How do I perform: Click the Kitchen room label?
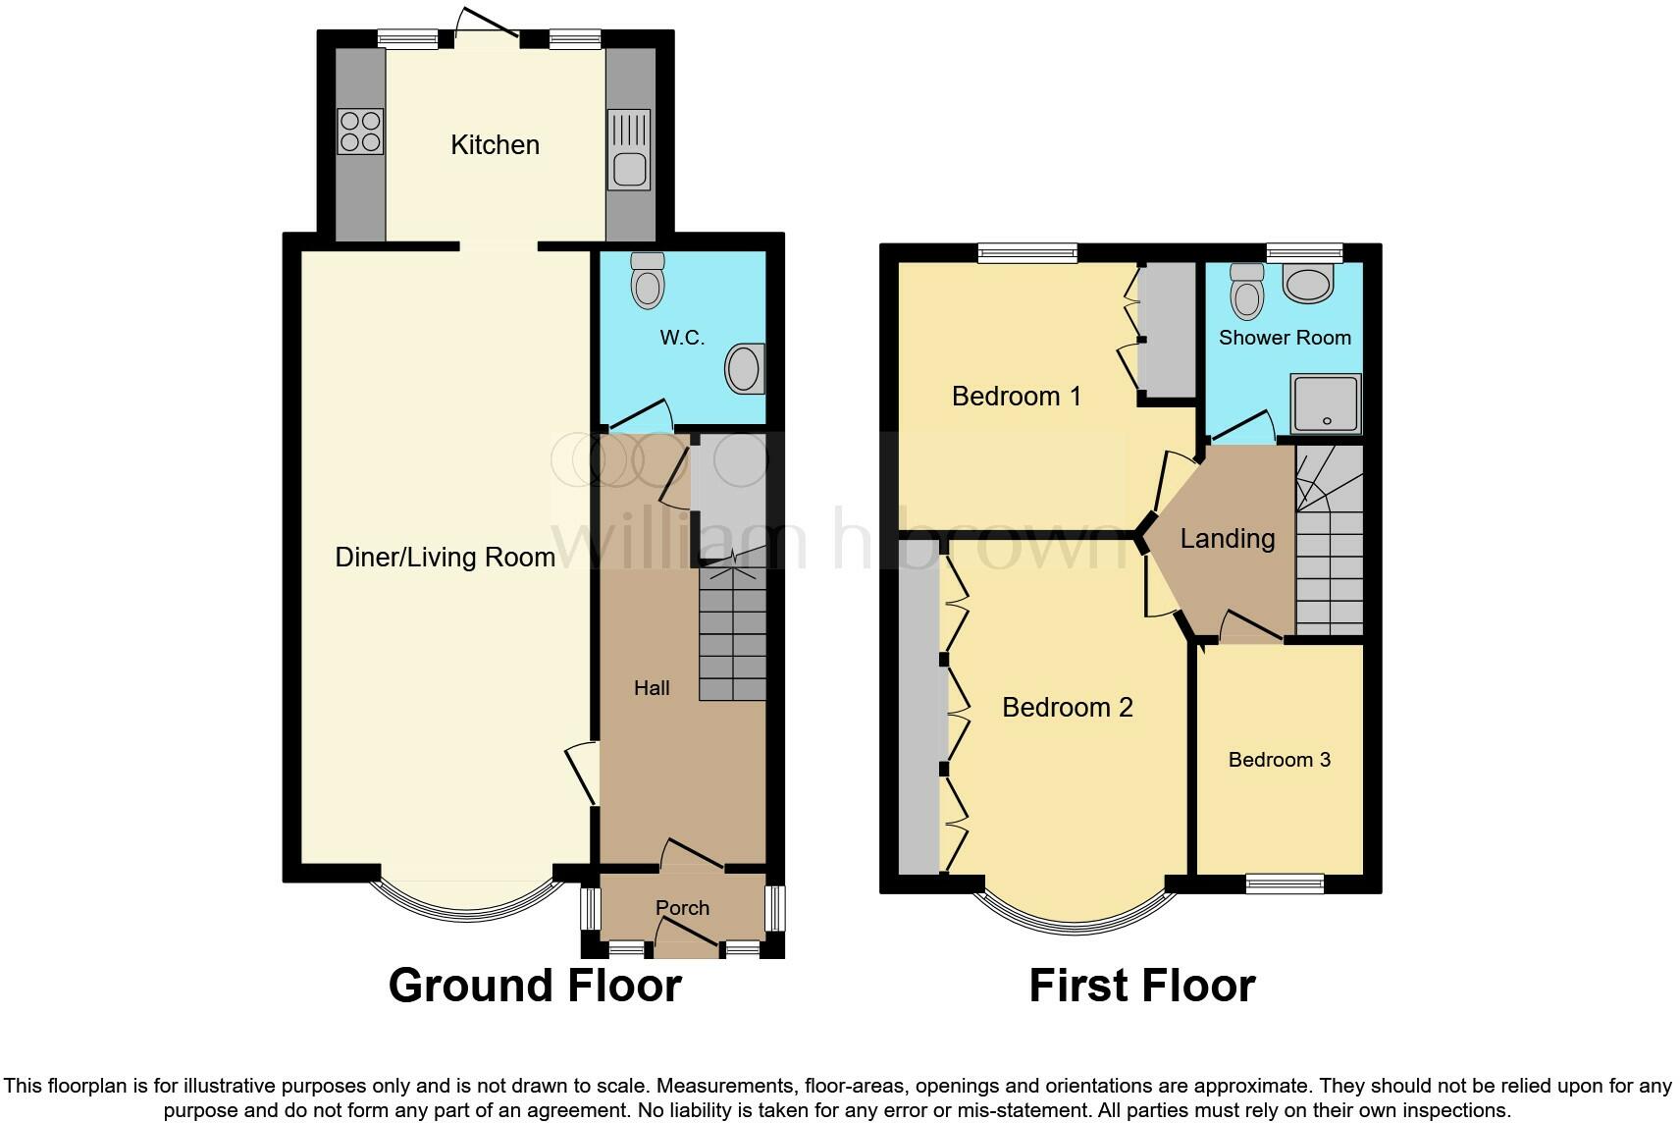(x=495, y=145)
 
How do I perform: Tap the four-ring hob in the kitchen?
(x=360, y=132)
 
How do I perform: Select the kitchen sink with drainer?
(x=629, y=149)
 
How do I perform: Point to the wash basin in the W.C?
(x=745, y=369)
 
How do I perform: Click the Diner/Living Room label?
(x=445, y=558)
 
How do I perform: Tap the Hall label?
(x=652, y=688)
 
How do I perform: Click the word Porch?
(x=682, y=908)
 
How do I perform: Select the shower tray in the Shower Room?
(x=1326, y=403)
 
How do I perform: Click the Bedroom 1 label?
(x=1016, y=397)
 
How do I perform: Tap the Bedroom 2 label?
(x=1067, y=708)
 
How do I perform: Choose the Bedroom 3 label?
(x=1279, y=760)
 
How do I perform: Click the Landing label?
(x=1227, y=539)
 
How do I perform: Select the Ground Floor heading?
(x=535, y=986)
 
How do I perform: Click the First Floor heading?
(x=1141, y=986)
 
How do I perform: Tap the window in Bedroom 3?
(x=1285, y=883)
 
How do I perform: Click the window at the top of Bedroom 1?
(x=1027, y=253)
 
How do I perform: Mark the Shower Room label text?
(x=1285, y=338)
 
